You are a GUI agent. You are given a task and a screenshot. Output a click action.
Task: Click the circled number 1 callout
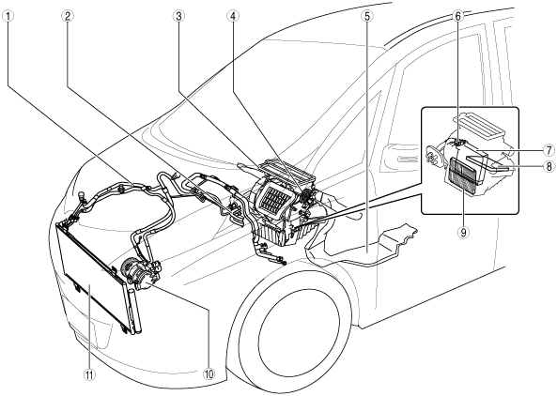coord(8,16)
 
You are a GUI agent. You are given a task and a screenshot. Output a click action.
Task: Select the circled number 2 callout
coord(67,16)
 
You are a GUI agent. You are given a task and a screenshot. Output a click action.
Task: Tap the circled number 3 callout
coord(178,16)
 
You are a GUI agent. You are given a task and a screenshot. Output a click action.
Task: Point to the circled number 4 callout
coord(233,16)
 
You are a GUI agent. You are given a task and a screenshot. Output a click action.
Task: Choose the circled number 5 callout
coord(366,16)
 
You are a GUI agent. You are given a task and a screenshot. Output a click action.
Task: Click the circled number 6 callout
coord(457,16)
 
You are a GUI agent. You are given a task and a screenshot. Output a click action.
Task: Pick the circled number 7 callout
coord(549,150)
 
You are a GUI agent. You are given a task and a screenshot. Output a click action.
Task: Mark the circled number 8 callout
coord(549,166)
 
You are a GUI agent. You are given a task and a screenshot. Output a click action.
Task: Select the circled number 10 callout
coord(209,373)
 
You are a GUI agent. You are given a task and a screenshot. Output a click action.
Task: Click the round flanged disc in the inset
coord(431,156)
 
